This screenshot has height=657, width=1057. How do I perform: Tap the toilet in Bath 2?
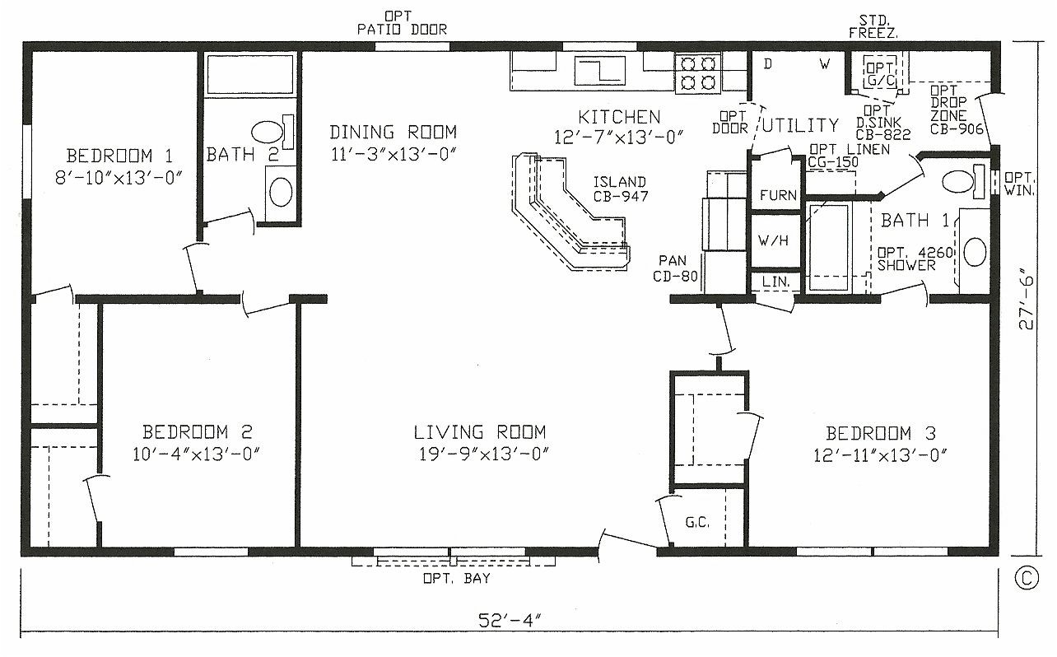coord(268,132)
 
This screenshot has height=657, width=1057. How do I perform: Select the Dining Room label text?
coord(393,132)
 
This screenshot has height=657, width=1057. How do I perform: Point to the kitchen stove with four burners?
coord(698,71)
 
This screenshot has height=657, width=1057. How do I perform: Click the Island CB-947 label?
coord(620,189)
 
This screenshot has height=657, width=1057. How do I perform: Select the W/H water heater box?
coord(774,241)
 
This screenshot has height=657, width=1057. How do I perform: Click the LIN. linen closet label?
coord(775,282)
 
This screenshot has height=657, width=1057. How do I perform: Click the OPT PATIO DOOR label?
coord(402,23)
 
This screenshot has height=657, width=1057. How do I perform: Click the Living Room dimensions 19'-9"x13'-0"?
coord(480,454)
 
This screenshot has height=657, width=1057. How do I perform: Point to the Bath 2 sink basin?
coord(281,192)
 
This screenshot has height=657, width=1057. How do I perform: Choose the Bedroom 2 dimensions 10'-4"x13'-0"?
coord(198,454)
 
